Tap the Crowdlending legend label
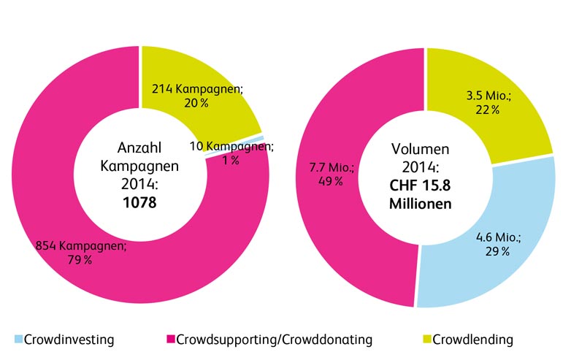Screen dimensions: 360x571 click(x=473, y=340)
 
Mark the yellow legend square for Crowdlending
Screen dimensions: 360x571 click(x=426, y=340)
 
